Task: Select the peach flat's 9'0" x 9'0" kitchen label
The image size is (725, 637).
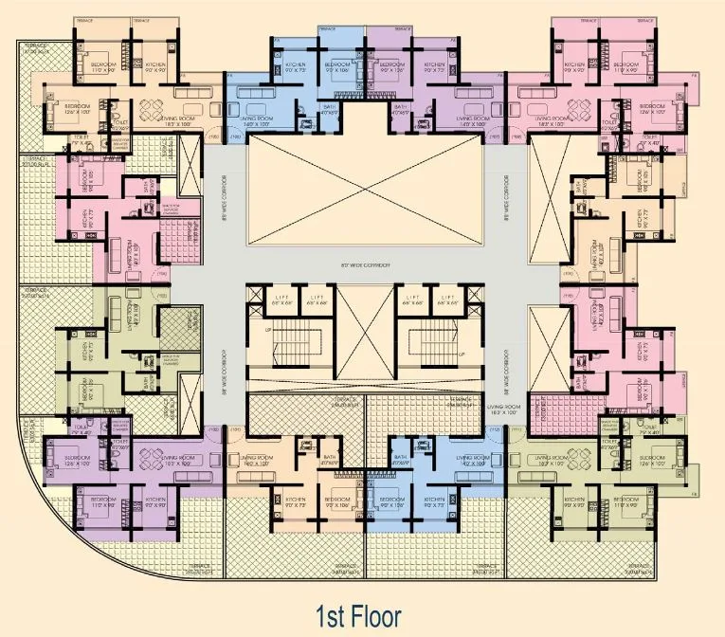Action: tap(154, 67)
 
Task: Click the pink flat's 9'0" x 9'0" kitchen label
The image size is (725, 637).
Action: tap(573, 67)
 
